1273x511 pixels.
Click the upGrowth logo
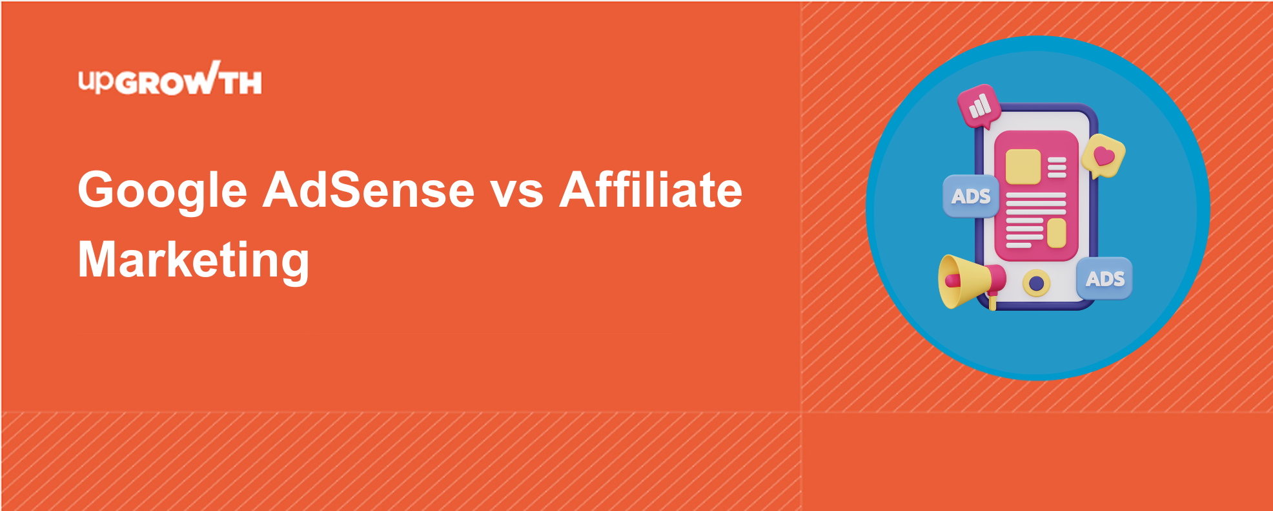click(170, 79)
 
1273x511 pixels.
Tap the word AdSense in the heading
click(369, 190)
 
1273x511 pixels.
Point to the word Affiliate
click(651, 189)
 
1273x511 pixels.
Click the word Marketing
click(194, 260)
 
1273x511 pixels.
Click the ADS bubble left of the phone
click(971, 196)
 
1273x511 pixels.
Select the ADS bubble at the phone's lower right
click(1105, 278)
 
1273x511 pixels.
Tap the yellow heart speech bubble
click(1103, 156)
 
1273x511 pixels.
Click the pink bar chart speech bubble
click(979, 106)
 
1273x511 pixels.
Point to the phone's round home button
click(1036, 283)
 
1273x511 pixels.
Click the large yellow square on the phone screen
click(1023, 167)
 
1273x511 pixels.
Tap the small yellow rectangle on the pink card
click(1056, 233)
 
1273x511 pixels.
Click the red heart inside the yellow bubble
click(1104, 156)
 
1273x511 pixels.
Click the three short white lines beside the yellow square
click(1057, 167)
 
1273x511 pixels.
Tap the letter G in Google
click(99, 190)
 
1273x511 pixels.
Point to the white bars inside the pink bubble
click(980, 105)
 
